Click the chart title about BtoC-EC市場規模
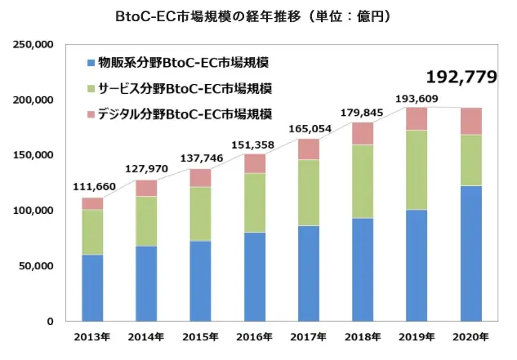259,16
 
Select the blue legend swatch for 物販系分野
90,63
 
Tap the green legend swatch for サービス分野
90,87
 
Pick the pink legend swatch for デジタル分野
90,112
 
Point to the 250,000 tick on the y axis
33,44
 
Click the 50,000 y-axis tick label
37,266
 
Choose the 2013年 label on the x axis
92,337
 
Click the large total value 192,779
461,78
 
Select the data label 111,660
92,186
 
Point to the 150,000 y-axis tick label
33,155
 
